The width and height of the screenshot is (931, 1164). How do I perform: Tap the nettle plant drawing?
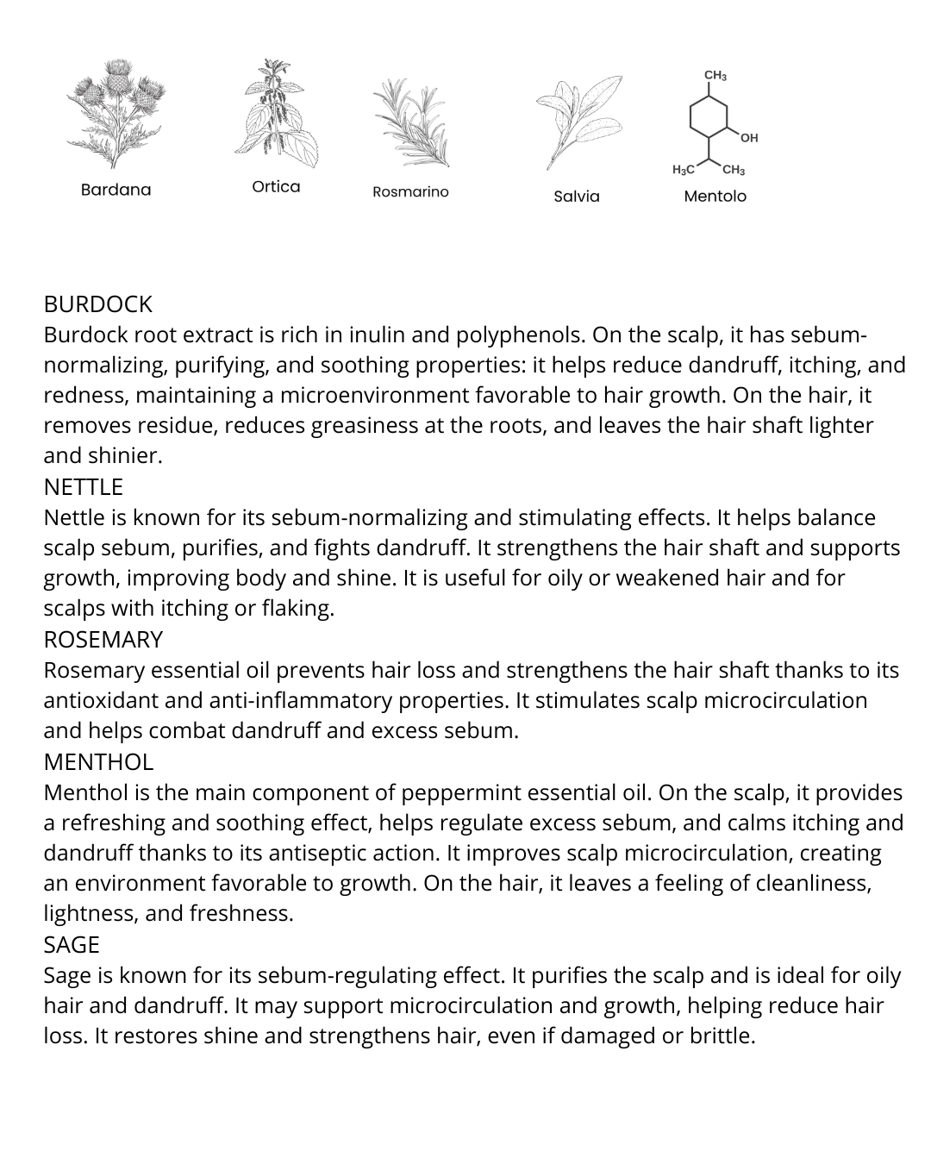coord(275,116)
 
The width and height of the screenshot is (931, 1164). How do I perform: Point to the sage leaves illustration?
coord(577,121)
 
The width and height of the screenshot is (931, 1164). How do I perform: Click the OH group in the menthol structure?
coord(748,138)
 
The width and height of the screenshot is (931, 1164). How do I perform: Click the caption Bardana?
coord(116,190)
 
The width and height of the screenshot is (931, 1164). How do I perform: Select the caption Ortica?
coord(276,187)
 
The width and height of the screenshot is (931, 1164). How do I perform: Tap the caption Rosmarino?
coord(410,191)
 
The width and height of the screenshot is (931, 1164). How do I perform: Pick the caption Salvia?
coord(577,197)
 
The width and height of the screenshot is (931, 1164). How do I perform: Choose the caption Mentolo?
coord(715,197)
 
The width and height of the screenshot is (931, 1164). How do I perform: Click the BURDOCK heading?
coord(97,304)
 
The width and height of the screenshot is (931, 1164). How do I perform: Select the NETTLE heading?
coord(84,487)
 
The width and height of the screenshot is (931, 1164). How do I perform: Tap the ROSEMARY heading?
coord(103,640)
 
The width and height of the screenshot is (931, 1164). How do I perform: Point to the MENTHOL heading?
coord(98,762)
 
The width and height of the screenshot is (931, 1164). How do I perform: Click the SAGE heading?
coord(72,945)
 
